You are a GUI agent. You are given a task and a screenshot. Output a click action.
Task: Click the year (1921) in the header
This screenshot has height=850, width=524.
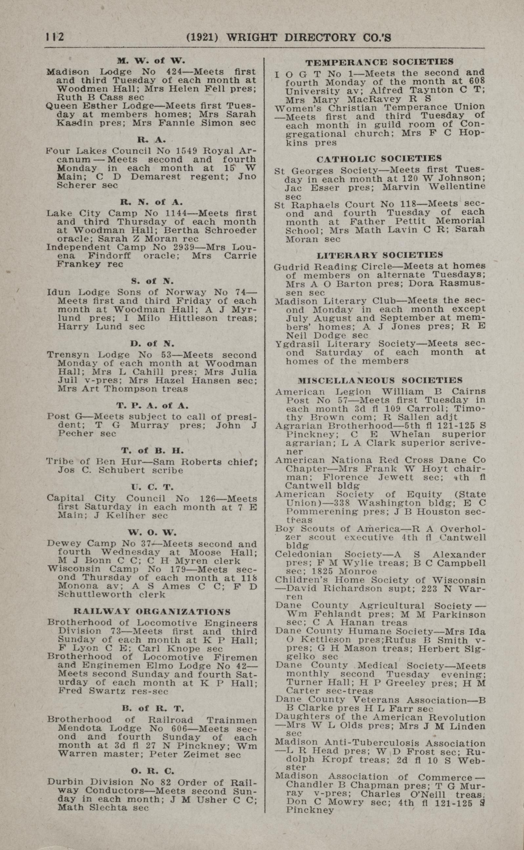pyautogui.click(x=202, y=37)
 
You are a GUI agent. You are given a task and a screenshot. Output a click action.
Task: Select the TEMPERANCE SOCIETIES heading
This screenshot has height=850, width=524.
pyautogui.click(x=379, y=62)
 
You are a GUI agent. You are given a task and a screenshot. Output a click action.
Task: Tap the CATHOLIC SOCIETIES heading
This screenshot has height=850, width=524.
pyautogui.click(x=379, y=159)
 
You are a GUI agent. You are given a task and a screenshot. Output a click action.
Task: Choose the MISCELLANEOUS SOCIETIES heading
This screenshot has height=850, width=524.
pyautogui.click(x=380, y=380)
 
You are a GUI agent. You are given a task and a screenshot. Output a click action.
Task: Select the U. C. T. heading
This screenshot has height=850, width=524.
pyautogui.click(x=152, y=487)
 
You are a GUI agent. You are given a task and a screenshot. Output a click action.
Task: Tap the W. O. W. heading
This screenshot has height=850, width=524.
pyautogui.click(x=152, y=532)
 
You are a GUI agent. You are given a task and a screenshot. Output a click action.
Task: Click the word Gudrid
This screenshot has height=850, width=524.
pyautogui.click(x=290, y=267)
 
